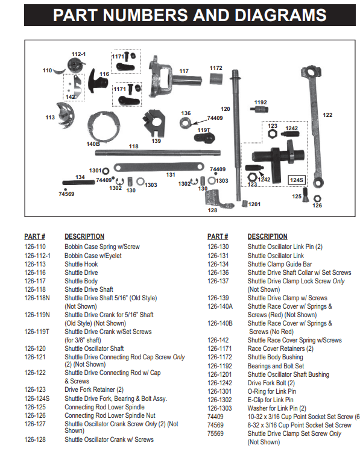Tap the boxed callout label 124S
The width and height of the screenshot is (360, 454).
[x=297, y=180]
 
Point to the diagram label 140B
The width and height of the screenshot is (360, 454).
[x=93, y=144]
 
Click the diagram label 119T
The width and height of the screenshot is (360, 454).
[x=203, y=130]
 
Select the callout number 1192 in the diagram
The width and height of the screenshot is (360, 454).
[x=260, y=102]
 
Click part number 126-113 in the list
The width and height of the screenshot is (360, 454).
[x=35, y=263]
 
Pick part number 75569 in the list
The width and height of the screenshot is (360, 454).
[x=215, y=433]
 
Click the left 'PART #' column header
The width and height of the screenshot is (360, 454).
[x=35, y=236]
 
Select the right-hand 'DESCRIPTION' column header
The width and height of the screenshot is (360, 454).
[x=267, y=236]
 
